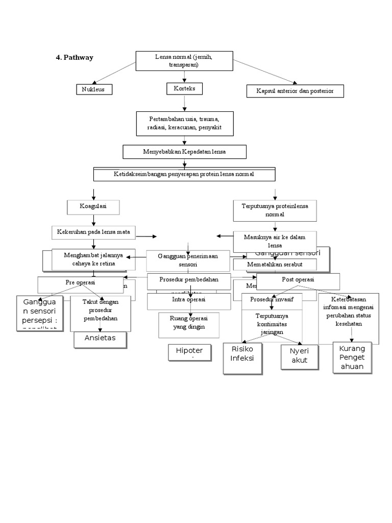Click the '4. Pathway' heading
(x=75, y=58)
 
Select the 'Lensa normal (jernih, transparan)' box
(x=184, y=61)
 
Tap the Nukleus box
(x=94, y=90)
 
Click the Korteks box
(x=184, y=89)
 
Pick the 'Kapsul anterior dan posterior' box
(x=295, y=91)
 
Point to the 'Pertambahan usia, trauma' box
(x=184, y=123)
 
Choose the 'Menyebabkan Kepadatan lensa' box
(x=184, y=152)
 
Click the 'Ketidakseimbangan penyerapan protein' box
(x=184, y=174)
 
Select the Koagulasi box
(x=93, y=207)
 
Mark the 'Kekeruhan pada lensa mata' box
(x=93, y=232)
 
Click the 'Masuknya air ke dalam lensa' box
(x=275, y=240)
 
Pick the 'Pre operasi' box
(x=81, y=282)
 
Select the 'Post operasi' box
(x=298, y=280)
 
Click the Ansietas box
(x=101, y=338)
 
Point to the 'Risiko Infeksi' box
(x=242, y=353)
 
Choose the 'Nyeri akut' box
(x=300, y=355)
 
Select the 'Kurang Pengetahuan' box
(x=352, y=359)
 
